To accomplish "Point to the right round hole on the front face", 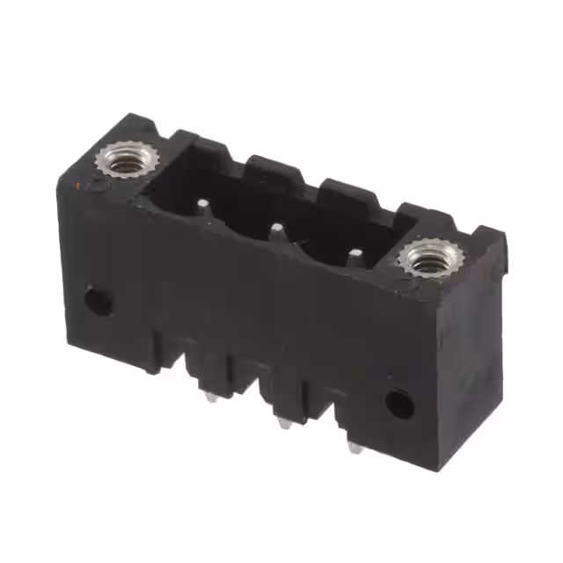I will (x=399, y=404).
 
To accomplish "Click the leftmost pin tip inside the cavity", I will (x=203, y=207).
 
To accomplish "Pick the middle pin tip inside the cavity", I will (x=277, y=230).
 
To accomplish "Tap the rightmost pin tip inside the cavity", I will (x=354, y=256).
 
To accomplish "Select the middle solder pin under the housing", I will (x=281, y=424).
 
